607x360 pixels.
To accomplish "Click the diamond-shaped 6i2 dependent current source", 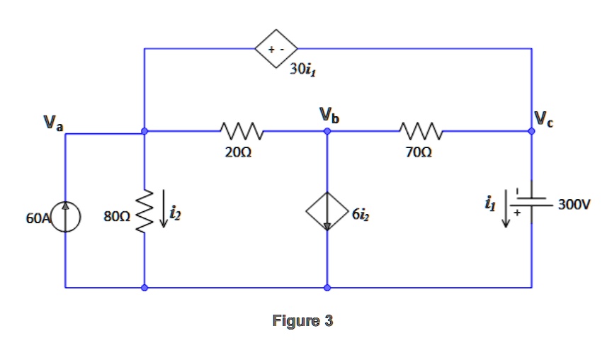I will pyautogui.click(x=327, y=211).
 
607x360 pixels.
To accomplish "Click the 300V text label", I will pyautogui.click(x=573, y=205).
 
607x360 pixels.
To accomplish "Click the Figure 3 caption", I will pyautogui.click(x=302, y=321).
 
